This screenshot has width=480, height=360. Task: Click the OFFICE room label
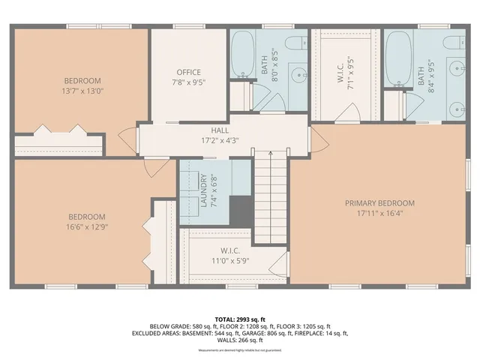(187, 72)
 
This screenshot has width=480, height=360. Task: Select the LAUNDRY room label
(203, 191)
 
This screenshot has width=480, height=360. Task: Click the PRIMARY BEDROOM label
(379, 202)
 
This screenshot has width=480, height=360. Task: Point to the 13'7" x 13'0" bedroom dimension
(82, 91)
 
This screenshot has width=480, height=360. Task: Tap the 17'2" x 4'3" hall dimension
(219, 139)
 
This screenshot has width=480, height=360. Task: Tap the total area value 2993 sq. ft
(253, 319)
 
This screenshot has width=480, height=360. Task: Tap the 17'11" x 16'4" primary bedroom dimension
(379, 213)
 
